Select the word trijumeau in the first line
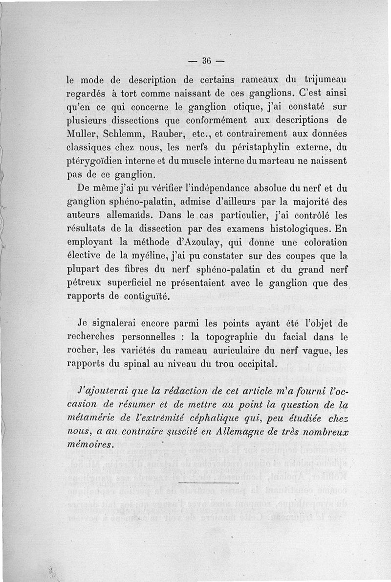(x=325, y=79)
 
